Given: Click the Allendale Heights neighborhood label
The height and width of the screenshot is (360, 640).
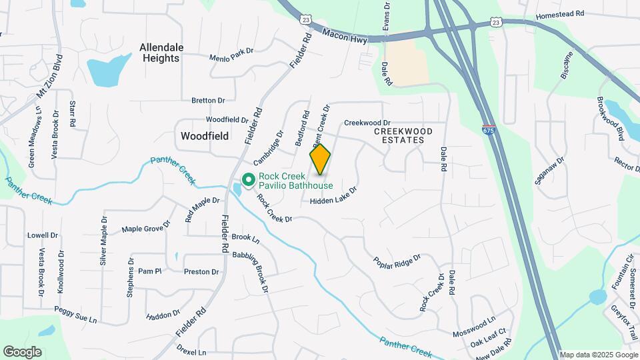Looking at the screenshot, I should tap(160, 53).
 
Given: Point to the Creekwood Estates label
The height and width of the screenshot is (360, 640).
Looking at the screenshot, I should tap(399, 135).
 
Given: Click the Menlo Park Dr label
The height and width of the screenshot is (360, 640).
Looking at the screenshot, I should tap(232, 54).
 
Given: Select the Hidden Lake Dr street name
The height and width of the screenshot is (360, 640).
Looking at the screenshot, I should tap(333, 195).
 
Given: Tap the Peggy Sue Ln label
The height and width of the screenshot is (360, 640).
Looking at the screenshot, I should tap(75, 315).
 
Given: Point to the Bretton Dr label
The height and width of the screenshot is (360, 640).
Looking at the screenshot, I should tap(208, 100).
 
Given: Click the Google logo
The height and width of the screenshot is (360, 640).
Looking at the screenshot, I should tap(22, 351).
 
